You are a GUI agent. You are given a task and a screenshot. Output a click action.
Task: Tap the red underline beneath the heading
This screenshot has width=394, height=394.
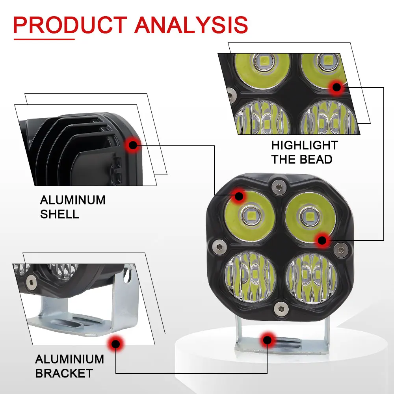point(44,39)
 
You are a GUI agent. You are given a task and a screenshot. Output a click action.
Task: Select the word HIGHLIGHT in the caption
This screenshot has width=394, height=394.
point(305,145)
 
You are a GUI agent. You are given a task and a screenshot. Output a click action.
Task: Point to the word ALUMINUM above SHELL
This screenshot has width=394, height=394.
point(72,200)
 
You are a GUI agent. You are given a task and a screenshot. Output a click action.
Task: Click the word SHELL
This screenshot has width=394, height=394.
point(59,214)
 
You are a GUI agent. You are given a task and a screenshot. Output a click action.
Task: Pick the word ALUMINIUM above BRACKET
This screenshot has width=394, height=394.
point(70,359)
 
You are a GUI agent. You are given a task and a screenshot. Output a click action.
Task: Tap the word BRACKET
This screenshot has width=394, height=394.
point(64,373)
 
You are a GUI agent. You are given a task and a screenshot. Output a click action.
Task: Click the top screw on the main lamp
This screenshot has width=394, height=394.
point(279,187)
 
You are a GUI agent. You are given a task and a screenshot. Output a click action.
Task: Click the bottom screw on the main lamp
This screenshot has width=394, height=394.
point(281,309)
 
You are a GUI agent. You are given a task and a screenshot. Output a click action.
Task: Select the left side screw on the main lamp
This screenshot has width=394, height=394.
point(219,247)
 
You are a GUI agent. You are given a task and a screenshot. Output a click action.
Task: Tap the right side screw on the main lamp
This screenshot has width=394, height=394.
point(341,249)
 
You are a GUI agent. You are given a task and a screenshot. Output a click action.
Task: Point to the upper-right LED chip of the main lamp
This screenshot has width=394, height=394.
point(309,216)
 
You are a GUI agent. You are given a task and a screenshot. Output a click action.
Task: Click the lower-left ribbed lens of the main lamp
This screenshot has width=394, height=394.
point(250,277)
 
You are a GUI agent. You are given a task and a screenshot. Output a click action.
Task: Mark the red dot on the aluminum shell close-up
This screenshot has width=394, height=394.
point(133,145)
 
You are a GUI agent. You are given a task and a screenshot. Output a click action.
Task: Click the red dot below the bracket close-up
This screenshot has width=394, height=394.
point(115,344)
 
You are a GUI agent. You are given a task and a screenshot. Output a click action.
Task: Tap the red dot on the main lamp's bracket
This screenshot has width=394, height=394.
point(268,340)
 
